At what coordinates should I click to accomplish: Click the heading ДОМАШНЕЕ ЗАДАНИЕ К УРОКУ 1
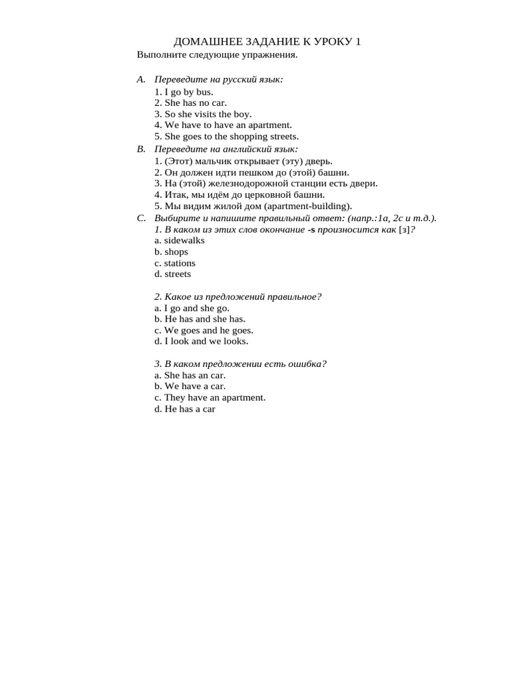pos(267,42)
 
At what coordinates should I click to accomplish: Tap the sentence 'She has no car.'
pos(190,103)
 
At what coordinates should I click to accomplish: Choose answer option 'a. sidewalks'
pos(180,240)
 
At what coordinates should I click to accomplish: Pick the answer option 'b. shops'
pos(171,252)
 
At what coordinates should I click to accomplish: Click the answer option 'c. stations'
pos(175,263)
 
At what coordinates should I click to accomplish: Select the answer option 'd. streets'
pos(172,274)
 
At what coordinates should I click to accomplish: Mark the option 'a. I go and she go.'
pos(192,308)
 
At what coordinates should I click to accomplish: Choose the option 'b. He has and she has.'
pos(200,319)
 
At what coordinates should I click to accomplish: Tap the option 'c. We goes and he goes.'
pos(204,330)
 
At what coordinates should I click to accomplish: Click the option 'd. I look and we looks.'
pos(201,341)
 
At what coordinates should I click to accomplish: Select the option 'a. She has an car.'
pos(190,375)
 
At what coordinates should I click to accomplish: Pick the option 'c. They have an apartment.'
pos(210,398)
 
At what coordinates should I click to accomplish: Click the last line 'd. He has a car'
pos(185,409)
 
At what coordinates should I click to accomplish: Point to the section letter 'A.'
pos(141,79)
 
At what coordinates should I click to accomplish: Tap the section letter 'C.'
pos(141,218)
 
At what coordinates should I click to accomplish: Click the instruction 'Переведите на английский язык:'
pos(226,149)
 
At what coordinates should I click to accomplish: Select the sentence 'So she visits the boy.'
pos(203,114)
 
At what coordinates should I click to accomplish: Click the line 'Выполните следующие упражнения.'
pos(217,55)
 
